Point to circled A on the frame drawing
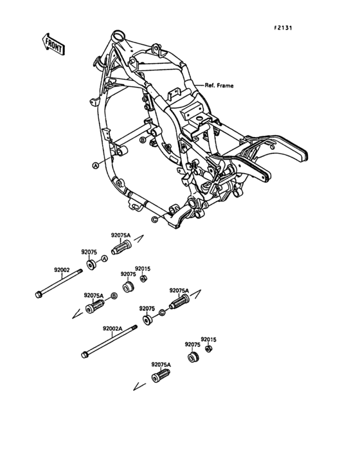point(95,165)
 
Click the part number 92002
point(62,272)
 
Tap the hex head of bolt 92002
point(39,295)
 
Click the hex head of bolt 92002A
point(84,353)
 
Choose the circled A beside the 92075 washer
point(105,258)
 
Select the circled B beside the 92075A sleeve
point(114,295)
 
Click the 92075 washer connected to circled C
point(148,319)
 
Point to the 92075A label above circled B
point(94,295)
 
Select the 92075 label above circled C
point(147,308)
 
